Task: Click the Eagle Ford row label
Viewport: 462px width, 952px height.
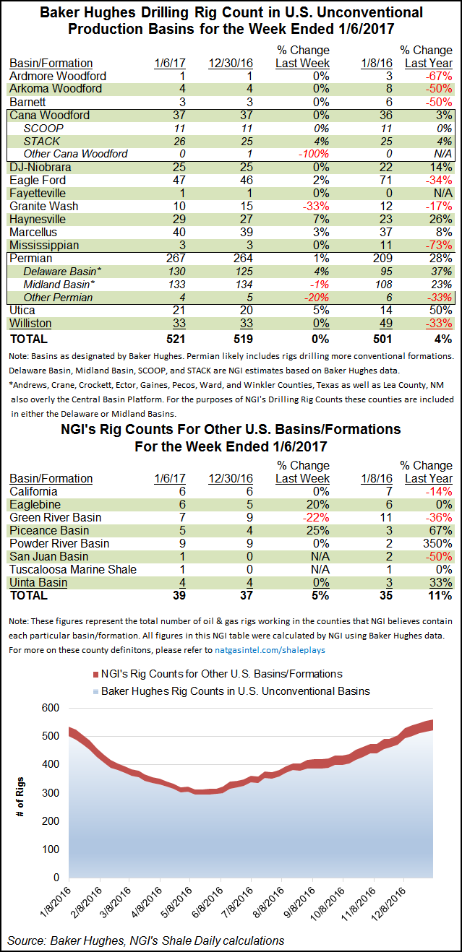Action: (38, 180)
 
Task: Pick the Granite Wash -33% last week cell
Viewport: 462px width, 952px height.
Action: (316, 206)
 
